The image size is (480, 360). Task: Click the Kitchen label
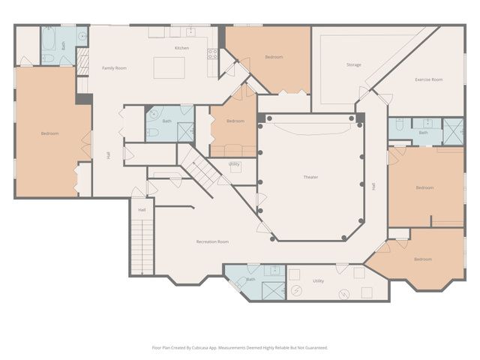(181, 48)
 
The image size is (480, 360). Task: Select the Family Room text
(114, 68)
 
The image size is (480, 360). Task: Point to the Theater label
(310, 177)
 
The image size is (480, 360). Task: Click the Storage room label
(353, 64)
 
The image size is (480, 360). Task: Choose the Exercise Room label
(428, 79)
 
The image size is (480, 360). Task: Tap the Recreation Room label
(212, 241)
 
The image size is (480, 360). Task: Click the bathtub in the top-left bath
(49, 36)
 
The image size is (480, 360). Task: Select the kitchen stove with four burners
(212, 53)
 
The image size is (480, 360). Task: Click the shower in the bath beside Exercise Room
(453, 131)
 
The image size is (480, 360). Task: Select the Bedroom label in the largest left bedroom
(49, 133)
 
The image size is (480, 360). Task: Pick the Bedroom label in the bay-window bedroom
(422, 259)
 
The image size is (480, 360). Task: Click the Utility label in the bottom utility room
(318, 280)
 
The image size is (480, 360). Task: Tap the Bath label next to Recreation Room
(250, 280)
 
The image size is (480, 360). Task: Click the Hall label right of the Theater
(373, 186)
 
